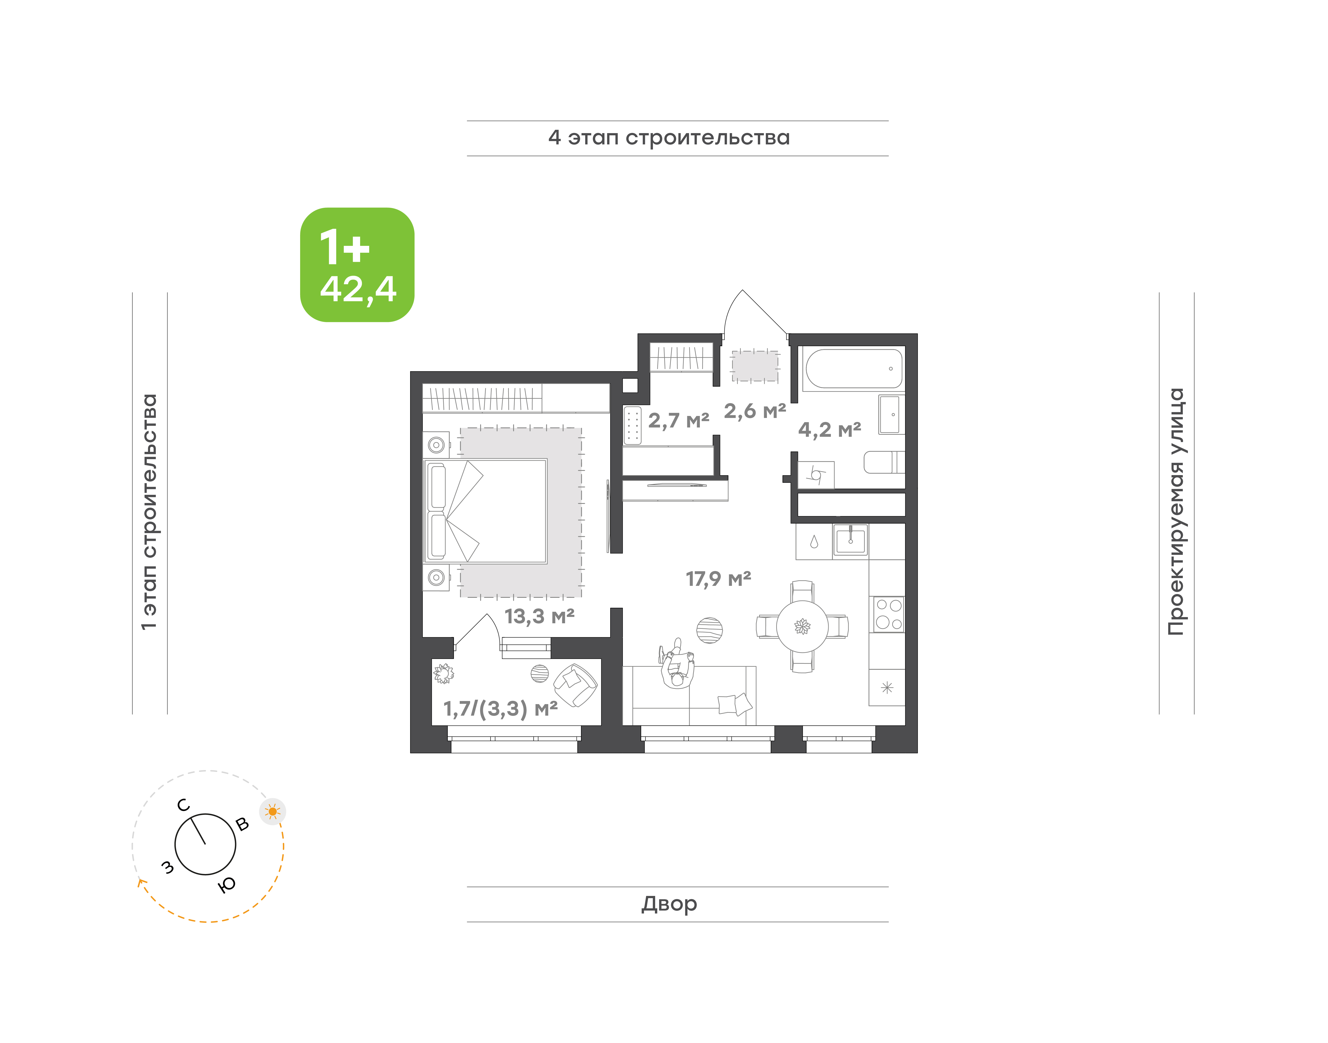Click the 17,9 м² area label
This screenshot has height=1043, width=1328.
(x=718, y=578)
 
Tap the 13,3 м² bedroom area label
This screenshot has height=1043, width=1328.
(x=540, y=616)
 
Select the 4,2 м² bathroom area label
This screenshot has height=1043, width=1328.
(x=829, y=429)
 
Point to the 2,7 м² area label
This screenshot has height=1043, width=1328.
(x=679, y=420)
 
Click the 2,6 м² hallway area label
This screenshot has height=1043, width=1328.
(x=755, y=411)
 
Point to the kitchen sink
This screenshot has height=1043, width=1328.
(x=850, y=540)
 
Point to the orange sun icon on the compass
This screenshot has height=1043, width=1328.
(x=272, y=812)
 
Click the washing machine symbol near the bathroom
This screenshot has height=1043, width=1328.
(x=816, y=474)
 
